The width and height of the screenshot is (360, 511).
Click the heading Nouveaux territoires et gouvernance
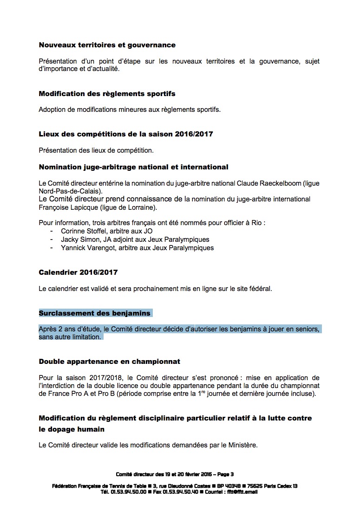click(x=107, y=45)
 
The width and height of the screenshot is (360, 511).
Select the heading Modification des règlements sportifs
click(x=107, y=94)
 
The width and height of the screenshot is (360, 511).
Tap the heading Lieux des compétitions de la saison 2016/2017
click(x=125, y=134)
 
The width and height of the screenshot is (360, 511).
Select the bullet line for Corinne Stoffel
click(x=107, y=231)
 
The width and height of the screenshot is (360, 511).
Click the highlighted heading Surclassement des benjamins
click(x=95, y=313)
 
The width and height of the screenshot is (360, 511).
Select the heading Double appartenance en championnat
click(x=110, y=361)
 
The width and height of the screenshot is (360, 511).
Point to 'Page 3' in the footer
click(x=225, y=474)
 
